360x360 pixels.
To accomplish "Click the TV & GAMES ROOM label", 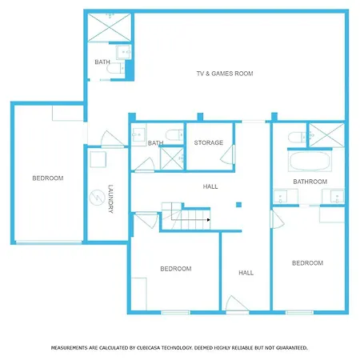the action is coord(225,74).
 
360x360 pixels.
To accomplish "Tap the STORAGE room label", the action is coord(209,142).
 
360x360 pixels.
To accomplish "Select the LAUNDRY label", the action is coord(111,198).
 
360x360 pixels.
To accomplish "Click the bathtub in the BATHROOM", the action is coord(310,161).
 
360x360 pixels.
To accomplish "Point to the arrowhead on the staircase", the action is coord(209,220).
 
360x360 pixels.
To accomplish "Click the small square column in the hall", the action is coord(238,205).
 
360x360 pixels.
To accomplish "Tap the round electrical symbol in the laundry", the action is coord(97,198).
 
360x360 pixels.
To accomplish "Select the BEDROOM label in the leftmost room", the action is coord(48,178).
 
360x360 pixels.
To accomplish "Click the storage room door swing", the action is coord(227,154).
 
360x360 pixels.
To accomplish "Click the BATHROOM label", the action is coord(310,182).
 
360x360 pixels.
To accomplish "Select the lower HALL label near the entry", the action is coord(246,273).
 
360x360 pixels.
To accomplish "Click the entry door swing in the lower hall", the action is coord(237,303).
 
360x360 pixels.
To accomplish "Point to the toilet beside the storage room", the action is coord(174,135).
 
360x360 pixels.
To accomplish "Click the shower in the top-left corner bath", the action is coord(110,27).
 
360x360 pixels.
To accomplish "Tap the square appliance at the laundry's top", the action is coord(98,159).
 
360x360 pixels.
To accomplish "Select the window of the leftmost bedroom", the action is coord(49,242).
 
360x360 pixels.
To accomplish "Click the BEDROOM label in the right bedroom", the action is coord(308,263).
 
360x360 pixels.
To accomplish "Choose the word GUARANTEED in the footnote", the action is coord(291,348).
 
